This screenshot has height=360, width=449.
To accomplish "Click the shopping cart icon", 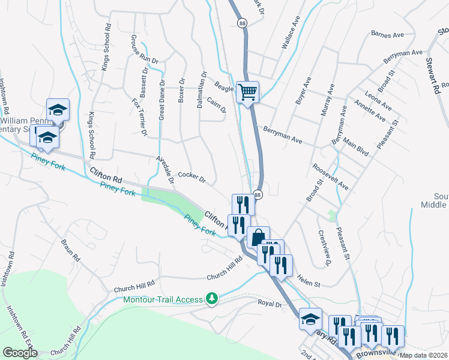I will tap(247, 92).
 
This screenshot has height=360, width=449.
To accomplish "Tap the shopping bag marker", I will tap(258, 238).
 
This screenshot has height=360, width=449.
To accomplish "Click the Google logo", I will tap(20, 353).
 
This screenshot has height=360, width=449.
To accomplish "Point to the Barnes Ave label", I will tap(387, 35).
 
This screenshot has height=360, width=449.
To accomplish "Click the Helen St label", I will tap(309, 280).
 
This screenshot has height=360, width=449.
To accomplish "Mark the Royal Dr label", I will tap(270, 303).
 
